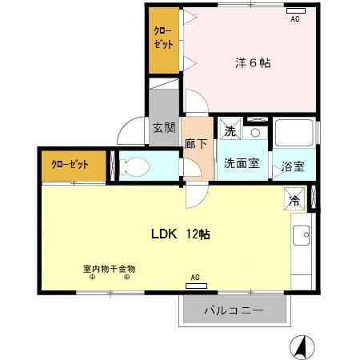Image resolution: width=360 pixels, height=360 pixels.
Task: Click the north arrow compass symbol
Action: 302,347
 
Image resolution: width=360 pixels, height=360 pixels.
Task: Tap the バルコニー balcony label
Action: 234,310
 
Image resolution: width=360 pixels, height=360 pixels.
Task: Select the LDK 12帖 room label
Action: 181,234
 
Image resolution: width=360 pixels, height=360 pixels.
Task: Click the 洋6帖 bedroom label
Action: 253,63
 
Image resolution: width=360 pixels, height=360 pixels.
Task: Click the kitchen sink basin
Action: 302,235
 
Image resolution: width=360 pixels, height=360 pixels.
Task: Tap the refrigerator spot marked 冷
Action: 294,199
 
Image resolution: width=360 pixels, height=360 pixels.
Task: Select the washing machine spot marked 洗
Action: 230,130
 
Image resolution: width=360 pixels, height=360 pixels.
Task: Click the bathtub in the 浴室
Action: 294,133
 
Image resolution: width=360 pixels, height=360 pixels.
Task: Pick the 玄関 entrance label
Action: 164,128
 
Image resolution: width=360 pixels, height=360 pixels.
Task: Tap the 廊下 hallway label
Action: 196,144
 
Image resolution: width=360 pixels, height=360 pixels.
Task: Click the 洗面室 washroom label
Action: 242,163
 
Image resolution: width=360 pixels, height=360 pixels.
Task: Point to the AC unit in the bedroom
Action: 296,10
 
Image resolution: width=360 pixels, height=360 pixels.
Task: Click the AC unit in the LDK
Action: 196,286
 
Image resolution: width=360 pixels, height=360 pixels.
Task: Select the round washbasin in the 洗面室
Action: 255,133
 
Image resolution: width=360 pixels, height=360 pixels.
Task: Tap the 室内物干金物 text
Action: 110,269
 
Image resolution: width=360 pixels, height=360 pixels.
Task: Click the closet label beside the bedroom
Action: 163,38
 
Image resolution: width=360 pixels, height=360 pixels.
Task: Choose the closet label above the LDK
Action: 70,164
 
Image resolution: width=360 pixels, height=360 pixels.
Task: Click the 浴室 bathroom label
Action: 293,166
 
